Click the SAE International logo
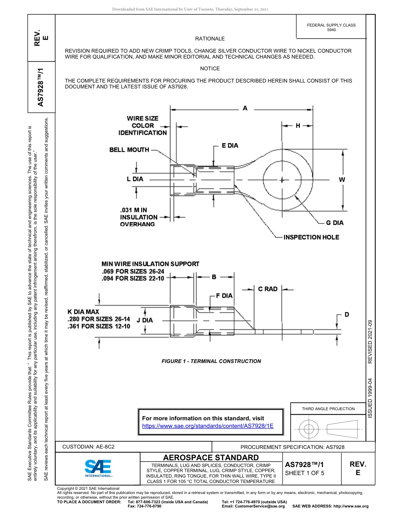click(98, 468)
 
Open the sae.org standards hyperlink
click(208, 426)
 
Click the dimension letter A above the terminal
click(245, 108)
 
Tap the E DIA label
click(230, 146)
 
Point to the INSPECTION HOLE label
click(311, 237)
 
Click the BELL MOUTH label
click(129, 150)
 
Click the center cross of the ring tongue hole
click(282, 180)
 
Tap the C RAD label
click(268, 289)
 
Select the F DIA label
click(224, 296)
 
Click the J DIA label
click(145, 320)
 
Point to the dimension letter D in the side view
click(347, 315)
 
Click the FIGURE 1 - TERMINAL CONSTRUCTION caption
click(211, 361)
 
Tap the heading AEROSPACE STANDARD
click(211, 457)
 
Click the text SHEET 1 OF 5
click(305, 473)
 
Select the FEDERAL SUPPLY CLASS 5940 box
click(331, 27)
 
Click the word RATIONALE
click(210, 39)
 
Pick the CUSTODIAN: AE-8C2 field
click(88, 447)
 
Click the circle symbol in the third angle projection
click(309, 429)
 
